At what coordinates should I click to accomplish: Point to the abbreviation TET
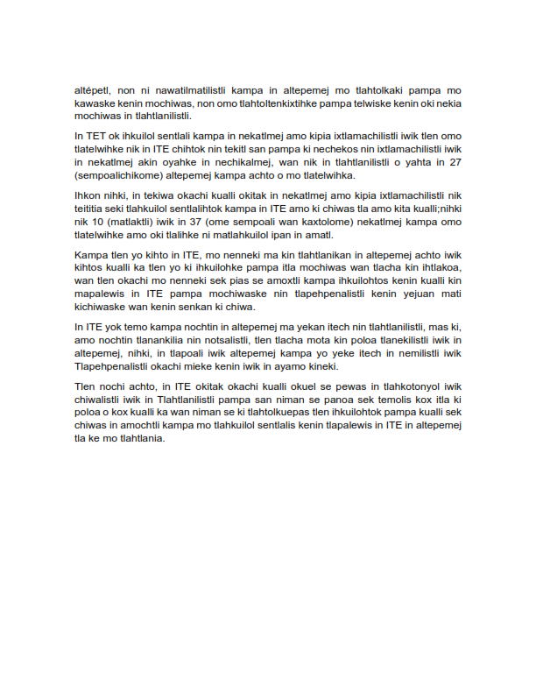[x=95, y=137]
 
